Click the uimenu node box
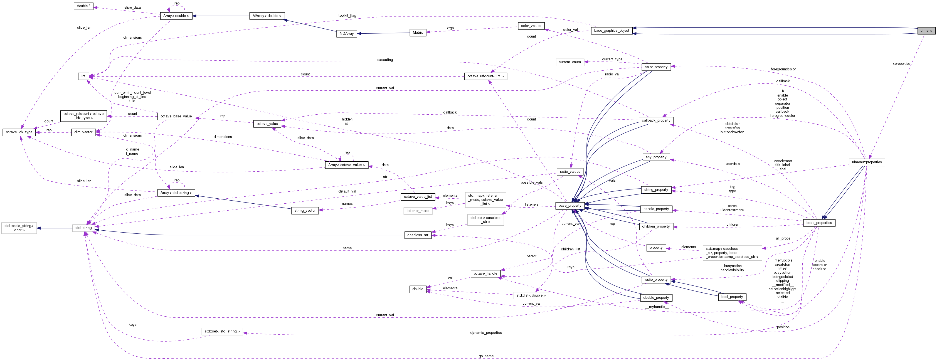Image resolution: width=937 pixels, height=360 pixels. click(926, 31)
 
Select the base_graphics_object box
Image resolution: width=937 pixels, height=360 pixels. click(611, 31)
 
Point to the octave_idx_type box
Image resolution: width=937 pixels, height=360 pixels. click(19, 132)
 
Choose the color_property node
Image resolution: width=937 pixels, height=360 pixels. click(656, 67)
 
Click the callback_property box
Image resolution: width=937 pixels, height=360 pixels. click(656, 120)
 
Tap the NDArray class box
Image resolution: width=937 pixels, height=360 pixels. click(346, 33)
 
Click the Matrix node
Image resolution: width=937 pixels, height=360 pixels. click(418, 32)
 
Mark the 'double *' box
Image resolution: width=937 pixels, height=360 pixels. click(83, 6)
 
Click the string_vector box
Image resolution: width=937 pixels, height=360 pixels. click(305, 211)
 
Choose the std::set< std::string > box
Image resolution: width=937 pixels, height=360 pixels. click(222, 331)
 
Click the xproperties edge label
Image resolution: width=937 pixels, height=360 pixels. click(901, 64)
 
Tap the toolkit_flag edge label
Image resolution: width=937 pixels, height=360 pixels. click(347, 16)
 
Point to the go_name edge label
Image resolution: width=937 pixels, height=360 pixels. click(486, 356)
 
